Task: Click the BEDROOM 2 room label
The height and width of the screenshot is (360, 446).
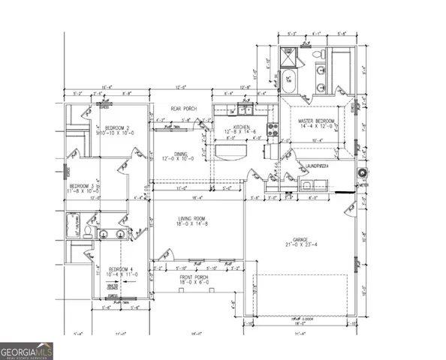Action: coord(118,127)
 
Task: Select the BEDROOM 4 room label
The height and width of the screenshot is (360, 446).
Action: coord(120,268)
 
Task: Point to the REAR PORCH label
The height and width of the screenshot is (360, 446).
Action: coord(182,109)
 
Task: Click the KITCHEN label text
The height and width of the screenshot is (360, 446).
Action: coord(240,127)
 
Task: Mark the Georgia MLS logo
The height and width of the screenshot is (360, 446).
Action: coord(26,349)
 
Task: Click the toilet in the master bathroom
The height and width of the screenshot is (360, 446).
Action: coord(317,54)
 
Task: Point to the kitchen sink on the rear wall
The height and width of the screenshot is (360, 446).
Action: coord(245,107)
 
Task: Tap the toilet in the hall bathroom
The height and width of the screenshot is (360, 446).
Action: coord(87,234)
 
